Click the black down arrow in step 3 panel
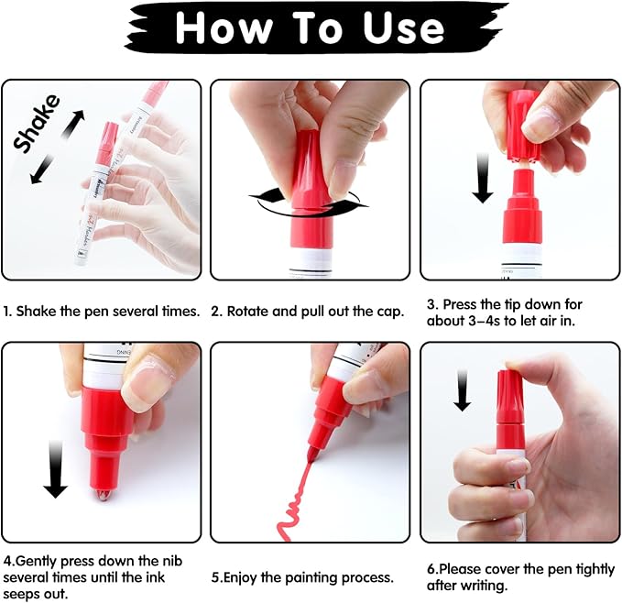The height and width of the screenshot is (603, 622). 483,180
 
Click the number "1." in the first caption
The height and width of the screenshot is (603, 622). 7,311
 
